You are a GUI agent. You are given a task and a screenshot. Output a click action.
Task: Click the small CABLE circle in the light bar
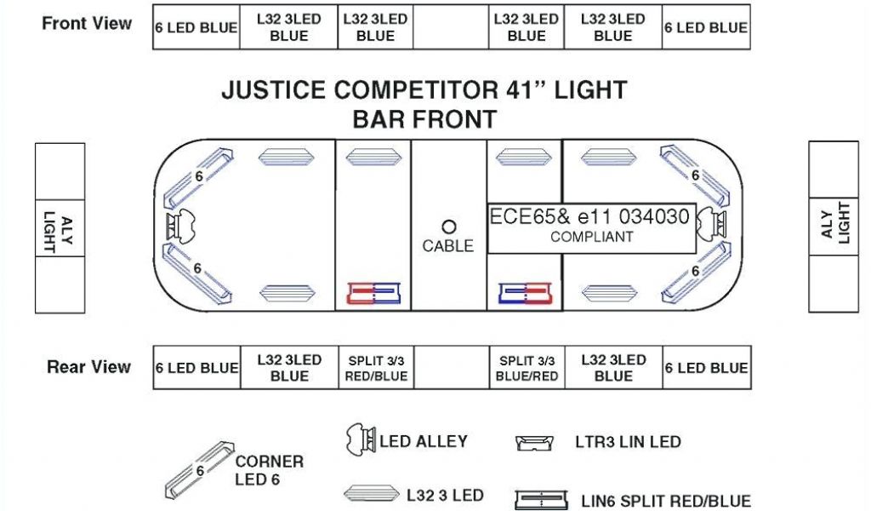pyautogui.click(x=449, y=227)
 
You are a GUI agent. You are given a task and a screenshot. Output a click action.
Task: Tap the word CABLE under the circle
pyautogui.click(x=448, y=246)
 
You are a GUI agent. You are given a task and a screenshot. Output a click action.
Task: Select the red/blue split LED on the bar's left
pyautogui.click(x=373, y=294)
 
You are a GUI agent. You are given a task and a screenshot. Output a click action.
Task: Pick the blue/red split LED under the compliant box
pyautogui.click(x=525, y=294)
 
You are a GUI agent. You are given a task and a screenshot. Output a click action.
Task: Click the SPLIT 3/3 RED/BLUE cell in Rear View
pyautogui.click(x=376, y=368)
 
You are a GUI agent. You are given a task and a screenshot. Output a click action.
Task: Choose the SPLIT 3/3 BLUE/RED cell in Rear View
pyautogui.click(x=527, y=368)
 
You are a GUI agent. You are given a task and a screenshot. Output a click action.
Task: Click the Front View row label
pyautogui.click(x=87, y=24)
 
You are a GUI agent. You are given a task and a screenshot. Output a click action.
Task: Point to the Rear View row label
pyautogui.click(x=88, y=367)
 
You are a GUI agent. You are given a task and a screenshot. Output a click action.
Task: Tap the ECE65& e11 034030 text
pyautogui.click(x=589, y=216)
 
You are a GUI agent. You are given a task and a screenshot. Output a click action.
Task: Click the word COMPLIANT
pyautogui.click(x=592, y=237)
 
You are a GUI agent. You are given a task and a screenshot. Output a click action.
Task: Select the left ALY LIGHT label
pyautogui.click(x=60, y=228)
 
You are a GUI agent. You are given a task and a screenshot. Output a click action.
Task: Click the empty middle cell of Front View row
pyautogui.click(x=451, y=27)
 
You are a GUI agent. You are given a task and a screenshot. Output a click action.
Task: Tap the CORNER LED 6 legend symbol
pyautogui.click(x=198, y=470)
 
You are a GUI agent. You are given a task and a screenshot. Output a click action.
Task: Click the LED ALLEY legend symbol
pyautogui.click(x=360, y=441)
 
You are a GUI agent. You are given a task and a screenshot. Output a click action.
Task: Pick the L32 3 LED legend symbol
pyautogui.click(x=371, y=494)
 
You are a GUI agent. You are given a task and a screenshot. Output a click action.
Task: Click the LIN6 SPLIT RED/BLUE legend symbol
pyautogui.click(x=540, y=500)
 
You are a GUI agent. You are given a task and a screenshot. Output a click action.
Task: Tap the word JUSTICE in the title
pyautogui.click(x=274, y=90)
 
